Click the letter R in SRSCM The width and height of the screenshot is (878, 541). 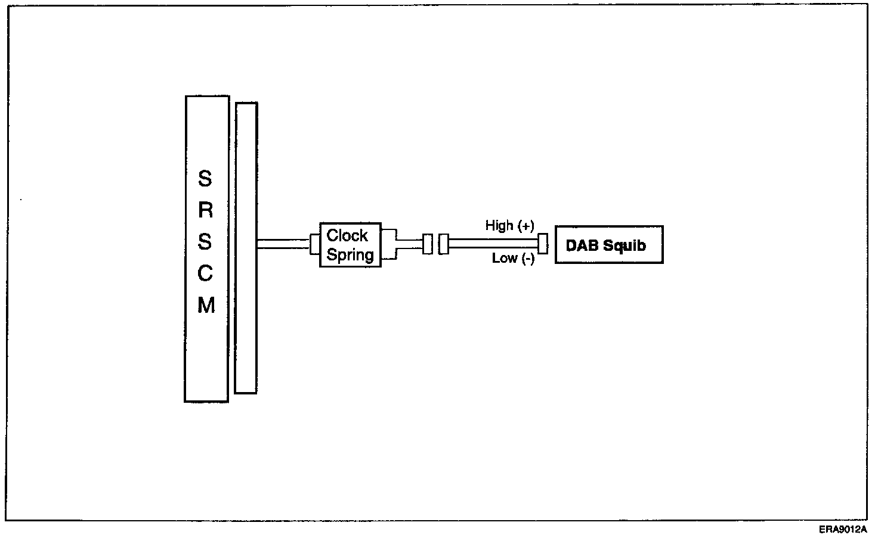tap(206, 210)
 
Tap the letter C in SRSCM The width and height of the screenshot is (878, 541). tap(206, 273)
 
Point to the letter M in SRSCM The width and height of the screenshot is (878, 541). tap(206, 305)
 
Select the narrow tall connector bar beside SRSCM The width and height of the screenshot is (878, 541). tap(246, 248)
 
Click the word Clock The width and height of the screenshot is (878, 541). tap(347, 235)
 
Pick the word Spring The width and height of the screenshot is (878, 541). tap(350, 255)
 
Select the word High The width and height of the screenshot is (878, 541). tap(499, 225)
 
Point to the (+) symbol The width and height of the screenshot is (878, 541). tap(525, 226)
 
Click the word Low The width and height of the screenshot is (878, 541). tap(504, 259)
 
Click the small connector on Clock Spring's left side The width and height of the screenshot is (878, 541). tap(315, 244)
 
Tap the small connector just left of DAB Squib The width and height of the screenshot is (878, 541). tap(543, 244)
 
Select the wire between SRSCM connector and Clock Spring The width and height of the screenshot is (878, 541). tap(283, 244)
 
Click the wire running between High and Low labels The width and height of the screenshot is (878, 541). tap(493, 243)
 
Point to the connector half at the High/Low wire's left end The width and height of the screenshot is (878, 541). tap(443, 244)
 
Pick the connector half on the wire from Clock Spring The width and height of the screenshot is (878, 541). tap(427, 244)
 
